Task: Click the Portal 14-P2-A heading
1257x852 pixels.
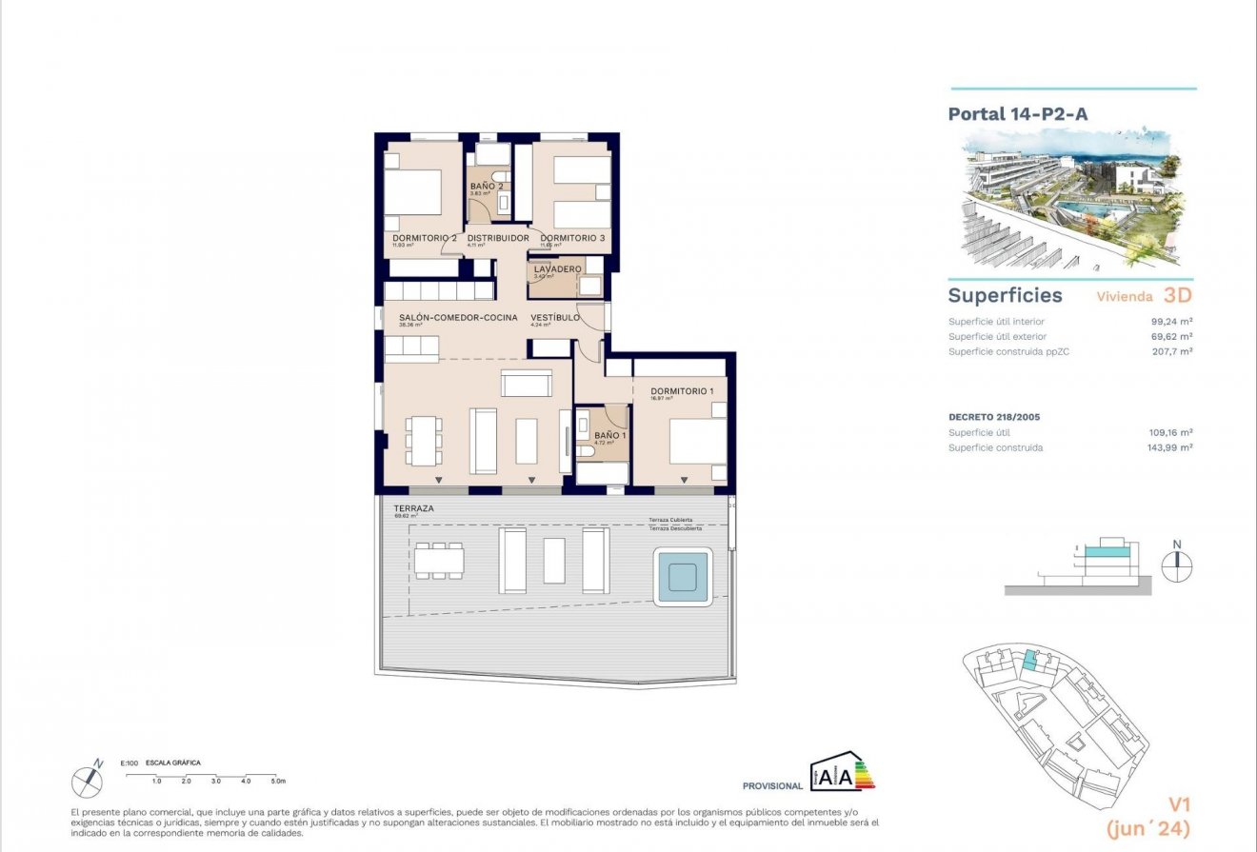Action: tap(1018, 114)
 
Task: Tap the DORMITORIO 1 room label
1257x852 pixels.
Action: tap(681, 391)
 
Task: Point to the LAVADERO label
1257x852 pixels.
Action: tap(557, 269)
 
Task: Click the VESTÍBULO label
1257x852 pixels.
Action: tap(555, 317)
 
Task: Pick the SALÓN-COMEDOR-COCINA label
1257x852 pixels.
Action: tap(451, 317)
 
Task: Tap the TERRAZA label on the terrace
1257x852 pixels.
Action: tap(413, 509)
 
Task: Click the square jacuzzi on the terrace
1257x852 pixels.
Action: tap(683, 577)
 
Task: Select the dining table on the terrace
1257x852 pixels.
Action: tap(439, 560)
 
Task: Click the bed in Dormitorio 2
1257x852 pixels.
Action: tap(414, 193)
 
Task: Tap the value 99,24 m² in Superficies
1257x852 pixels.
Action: tap(1172, 322)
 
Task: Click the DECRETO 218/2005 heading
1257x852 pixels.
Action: tap(993, 417)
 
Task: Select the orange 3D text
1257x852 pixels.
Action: tap(1178, 295)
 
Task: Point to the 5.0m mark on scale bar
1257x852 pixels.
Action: tap(277, 781)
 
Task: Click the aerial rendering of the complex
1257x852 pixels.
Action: tap(1071, 198)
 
